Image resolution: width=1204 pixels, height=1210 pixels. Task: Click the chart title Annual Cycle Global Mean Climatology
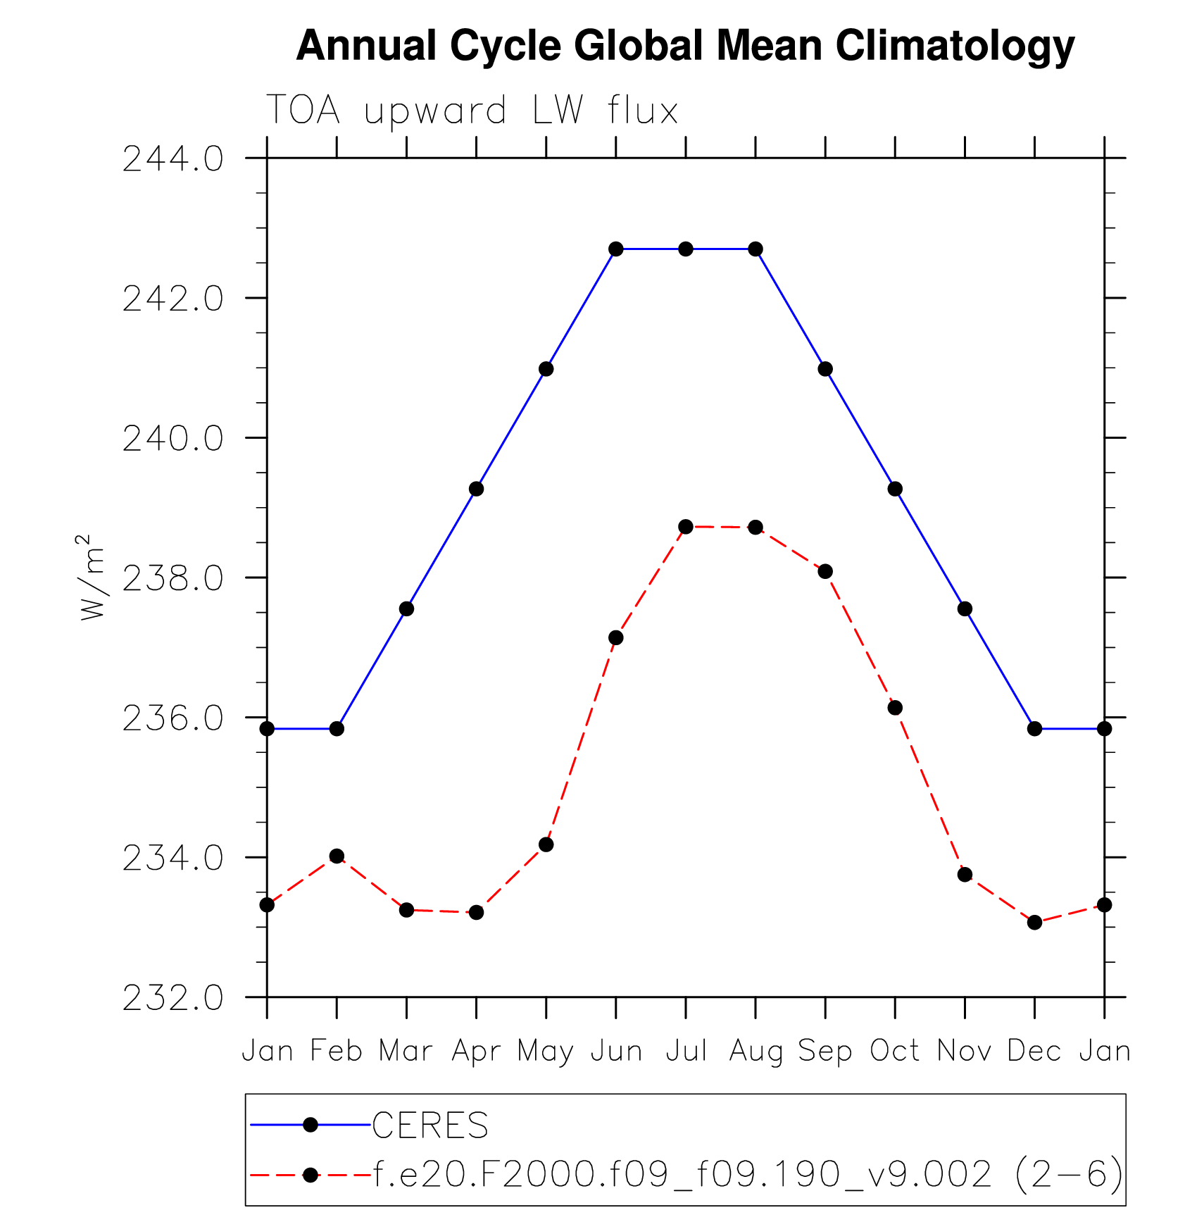coord(685,46)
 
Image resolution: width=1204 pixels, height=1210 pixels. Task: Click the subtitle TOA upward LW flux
coord(472,111)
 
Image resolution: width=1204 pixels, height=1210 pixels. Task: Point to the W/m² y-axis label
coord(92,578)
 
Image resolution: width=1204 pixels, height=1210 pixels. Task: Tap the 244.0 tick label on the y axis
coord(173,159)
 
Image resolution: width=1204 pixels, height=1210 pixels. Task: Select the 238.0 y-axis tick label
coord(173,579)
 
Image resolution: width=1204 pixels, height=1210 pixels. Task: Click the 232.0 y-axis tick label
coord(173,998)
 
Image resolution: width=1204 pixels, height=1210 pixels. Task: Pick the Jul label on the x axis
coord(686,1051)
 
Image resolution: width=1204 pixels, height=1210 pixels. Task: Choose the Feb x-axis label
coord(337,1051)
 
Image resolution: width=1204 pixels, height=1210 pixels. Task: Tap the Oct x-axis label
coord(895,1051)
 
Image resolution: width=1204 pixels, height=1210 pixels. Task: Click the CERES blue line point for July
coord(686,249)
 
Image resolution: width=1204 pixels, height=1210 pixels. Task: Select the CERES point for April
coord(477,489)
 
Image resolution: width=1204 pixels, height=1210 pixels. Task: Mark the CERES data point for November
coord(965,609)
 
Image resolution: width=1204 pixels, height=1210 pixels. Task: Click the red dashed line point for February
coord(337,856)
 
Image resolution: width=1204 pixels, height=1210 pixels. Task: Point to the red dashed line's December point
coord(1034,922)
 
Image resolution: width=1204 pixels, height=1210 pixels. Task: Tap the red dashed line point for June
coord(616,637)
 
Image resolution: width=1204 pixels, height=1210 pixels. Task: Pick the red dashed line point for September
coord(825,571)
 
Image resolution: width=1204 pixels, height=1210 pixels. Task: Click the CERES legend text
coord(430,1125)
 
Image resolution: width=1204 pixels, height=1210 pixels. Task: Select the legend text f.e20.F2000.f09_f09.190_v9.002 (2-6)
coord(748,1174)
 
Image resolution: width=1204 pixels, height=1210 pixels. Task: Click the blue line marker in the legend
coord(311,1125)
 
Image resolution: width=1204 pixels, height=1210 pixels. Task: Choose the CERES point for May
coord(546,369)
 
